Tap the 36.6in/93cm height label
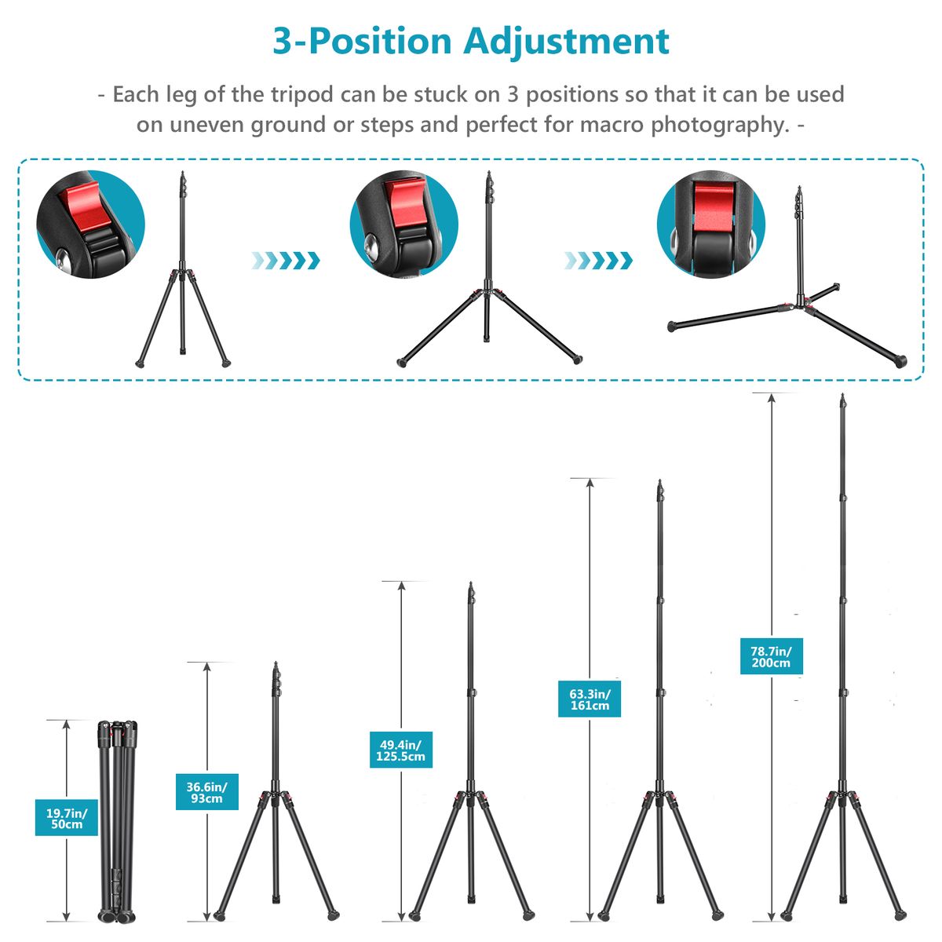pyautogui.click(x=206, y=792)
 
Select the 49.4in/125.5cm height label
pyautogui.click(x=400, y=750)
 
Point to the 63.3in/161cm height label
pyautogui.click(x=589, y=699)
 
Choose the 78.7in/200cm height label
pyautogui.click(x=771, y=656)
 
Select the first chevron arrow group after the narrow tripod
pyautogui.click(x=286, y=261)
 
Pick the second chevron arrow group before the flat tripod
pyautogui.click(x=598, y=261)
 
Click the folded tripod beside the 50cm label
pyautogui.click(x=117, y=821)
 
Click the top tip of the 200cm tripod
pyautogui.click(x=842, y=395)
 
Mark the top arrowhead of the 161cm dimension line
pyautogui.click(x=590, y=483)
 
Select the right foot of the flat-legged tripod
pyautogui.click(x=900, y=361)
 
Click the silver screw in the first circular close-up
pyautogui.click(x=62, y=257)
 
